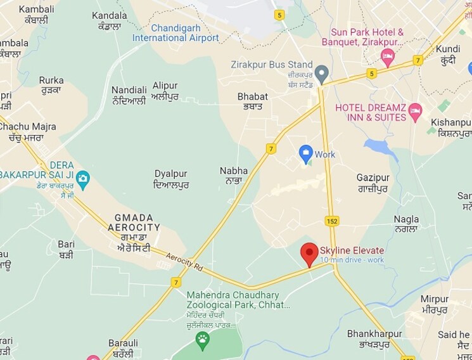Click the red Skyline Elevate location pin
click(309, 254)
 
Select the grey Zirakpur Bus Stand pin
click(322, 74)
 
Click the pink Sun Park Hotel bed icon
click(388, 58)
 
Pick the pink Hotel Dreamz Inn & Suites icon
click(416, 112)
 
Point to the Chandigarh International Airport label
click(175, 33)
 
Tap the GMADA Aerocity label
click(134, 222)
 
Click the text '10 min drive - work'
click(352, 260)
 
